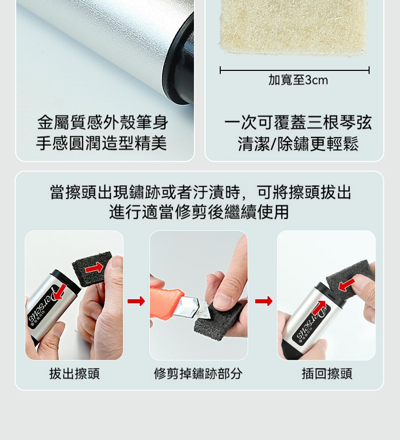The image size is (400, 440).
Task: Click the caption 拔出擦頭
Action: [74, 374]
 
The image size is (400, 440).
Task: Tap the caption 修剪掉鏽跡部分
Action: [198, 374]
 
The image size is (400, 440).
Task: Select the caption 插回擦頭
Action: [327, 374]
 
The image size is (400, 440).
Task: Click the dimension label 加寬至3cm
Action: [298, 80]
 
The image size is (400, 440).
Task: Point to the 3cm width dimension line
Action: [295, 70]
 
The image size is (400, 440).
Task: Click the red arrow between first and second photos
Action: [136, 301]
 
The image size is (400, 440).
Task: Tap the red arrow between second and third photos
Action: [264, 301]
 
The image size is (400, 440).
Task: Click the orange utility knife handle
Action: [166, 302]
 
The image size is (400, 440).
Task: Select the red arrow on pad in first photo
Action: [94, 268]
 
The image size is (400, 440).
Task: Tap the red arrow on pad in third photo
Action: [347, 285]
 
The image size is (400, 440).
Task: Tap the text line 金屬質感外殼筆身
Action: [103, 123]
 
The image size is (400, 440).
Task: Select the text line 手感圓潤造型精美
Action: [102, 143]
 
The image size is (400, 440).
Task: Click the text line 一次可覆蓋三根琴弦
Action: [298, 123]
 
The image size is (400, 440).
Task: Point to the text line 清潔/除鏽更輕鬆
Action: [298, 143]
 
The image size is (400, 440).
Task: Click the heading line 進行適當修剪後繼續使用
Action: [199, 212]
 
